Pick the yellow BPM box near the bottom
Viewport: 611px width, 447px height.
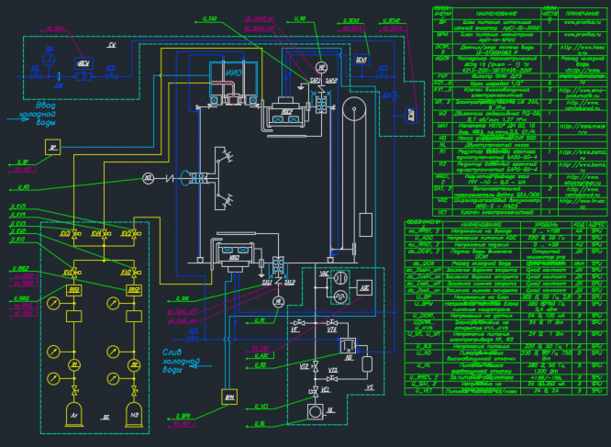228,397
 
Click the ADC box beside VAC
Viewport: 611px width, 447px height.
364,286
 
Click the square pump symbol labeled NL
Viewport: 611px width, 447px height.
316,390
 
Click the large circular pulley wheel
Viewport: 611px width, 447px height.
349,113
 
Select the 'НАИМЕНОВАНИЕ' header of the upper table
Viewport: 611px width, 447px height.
482,14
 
